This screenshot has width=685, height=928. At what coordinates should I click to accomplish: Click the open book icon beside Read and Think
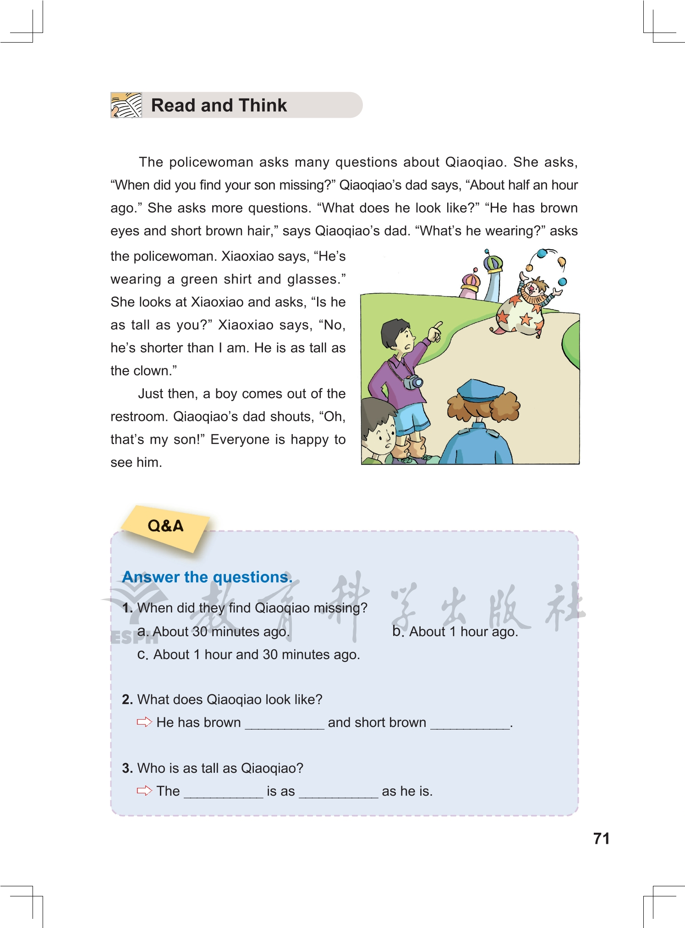(126, 105)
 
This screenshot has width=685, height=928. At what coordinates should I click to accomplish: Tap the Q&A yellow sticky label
(165, 526)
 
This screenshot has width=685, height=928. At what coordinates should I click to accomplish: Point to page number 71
(601, 838)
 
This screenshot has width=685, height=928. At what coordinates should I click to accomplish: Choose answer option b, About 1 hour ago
(455, 632)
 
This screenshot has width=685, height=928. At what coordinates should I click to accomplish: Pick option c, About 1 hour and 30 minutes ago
(249, 655)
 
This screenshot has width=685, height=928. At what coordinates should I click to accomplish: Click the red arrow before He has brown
(144, 722)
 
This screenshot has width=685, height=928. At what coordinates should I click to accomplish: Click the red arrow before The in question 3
(144, 791)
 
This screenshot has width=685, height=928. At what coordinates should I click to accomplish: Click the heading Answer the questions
(207, 577)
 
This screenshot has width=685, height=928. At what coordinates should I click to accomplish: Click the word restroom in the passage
(139, 416)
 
